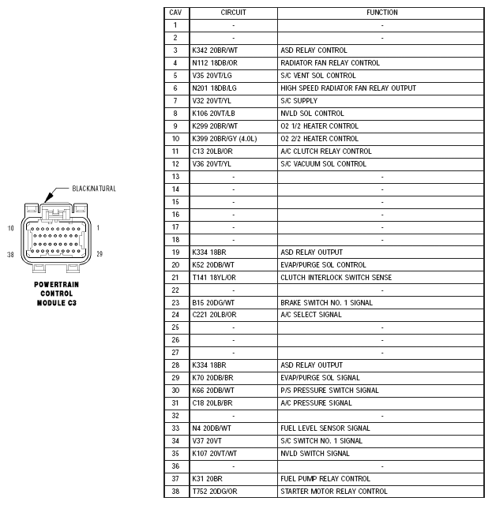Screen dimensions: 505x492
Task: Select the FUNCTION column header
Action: [x=382, y=13]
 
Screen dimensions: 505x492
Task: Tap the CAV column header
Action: [x=175, y=13]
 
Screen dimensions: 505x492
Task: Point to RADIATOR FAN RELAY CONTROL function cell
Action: [x=330, y=63]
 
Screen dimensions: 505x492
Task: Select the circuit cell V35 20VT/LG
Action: [x=213, y=76]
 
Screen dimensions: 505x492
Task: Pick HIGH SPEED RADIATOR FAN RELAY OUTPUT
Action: [x=348, y=88]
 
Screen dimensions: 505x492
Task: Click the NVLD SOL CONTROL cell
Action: [x=312, y=114]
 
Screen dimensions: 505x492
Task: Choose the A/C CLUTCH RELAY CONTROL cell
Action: [x=326, y=151]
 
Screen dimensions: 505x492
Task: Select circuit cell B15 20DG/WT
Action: [x=214, y=302]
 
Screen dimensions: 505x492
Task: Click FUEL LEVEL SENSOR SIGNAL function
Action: [x=325, y=428]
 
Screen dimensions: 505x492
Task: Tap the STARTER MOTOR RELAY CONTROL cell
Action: [x=334, y=492]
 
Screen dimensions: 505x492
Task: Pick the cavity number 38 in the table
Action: [x=175, y=492]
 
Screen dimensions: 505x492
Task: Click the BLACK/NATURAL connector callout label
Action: [x=93, y=189]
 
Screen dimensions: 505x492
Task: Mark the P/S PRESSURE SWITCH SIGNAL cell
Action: [x=329, y=391]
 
